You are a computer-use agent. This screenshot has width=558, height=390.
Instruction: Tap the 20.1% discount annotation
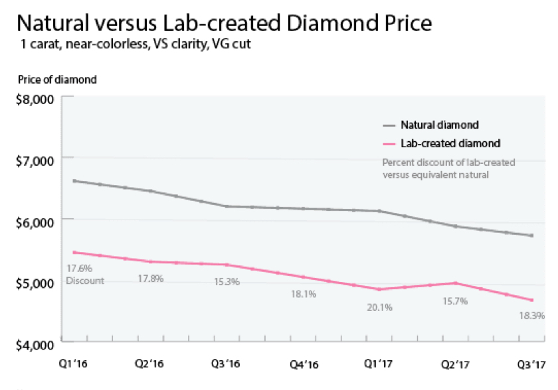click(379, 307)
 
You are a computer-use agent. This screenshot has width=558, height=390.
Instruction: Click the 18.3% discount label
click(531, 315)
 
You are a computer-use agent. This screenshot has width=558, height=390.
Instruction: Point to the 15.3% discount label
click(227, 282)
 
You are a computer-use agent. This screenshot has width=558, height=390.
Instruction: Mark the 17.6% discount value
click(79, 268)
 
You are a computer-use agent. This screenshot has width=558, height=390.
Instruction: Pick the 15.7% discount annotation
click(455, 300)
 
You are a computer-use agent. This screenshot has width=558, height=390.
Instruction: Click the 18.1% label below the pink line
click(303, 294)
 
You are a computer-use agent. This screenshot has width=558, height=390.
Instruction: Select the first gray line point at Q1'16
click(74, 180)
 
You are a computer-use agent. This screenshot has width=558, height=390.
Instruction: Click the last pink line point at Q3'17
click(531, 300)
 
